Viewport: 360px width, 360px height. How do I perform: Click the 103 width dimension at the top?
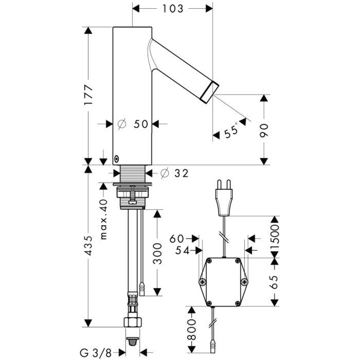(x=173, y=8)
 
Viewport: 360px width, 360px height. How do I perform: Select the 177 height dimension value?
(x=89, y=96)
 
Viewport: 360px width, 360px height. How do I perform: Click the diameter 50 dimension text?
(x=133, y=124)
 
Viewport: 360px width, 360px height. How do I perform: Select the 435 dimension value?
(x=89, y=246)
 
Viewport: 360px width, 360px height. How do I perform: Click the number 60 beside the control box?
(x=178, y=238)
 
